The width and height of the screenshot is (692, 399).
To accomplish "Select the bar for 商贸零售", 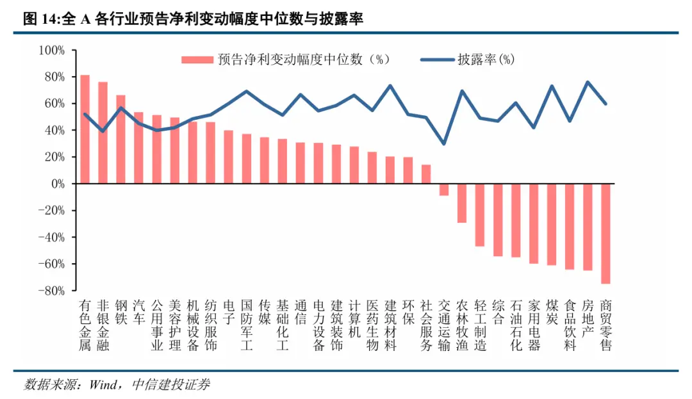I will [605, 233].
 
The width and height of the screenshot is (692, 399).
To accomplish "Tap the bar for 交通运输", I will [444, 190].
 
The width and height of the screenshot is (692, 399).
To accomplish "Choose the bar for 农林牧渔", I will [461, 203].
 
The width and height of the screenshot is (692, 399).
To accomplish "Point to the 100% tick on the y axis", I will [52, 50].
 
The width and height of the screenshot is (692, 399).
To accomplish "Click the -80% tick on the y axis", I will [52, 291].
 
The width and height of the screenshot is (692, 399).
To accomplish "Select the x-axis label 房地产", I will [588, 318].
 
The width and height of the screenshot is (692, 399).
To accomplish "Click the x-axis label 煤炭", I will [552, 311].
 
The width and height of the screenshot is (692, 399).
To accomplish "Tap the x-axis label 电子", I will [228, 311].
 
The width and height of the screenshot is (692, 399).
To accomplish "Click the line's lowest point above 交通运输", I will [444, 143].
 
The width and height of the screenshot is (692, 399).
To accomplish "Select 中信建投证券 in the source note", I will [170, 384].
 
